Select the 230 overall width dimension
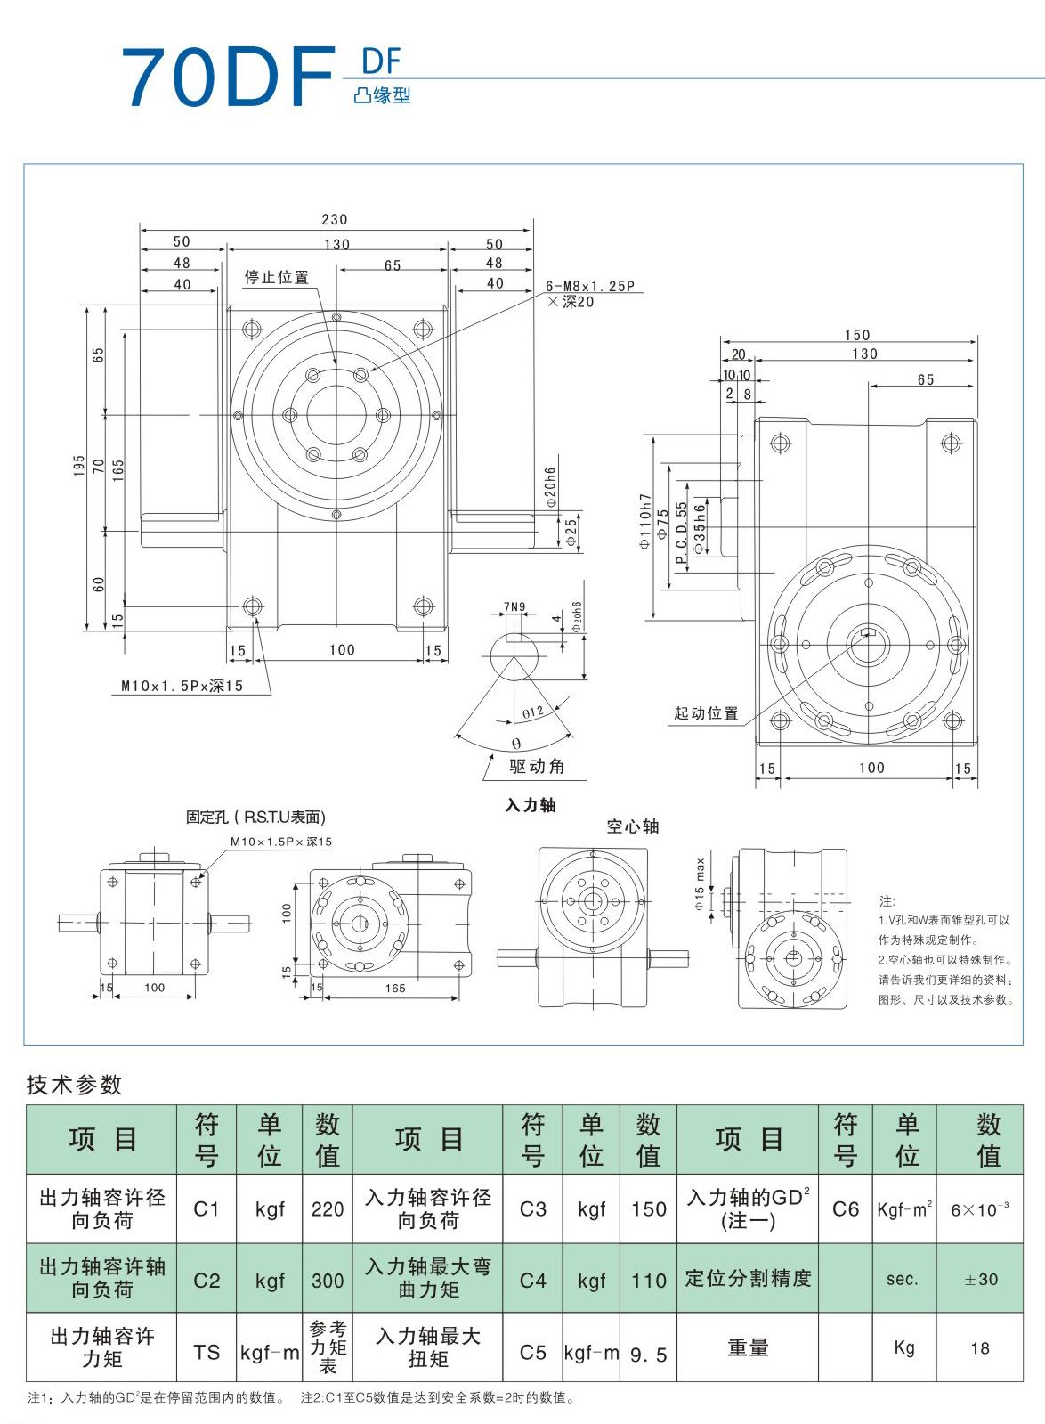pos(335,219)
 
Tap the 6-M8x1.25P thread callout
pos(590,287)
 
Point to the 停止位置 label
pos(277,278)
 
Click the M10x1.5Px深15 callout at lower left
pos(182,686)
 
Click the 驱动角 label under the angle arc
pos(537,767)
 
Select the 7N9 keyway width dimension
pos(514,607)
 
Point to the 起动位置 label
pos(706,713)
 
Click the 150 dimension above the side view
pos(857,335)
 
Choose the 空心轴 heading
pos(633,826)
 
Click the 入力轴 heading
pos(531,805)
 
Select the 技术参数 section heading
pos(74,1085)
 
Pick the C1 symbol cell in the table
pos(207,1208)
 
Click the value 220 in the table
pos(328,1208)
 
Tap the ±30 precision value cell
pos(981,1279)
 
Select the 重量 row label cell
pos(748,1348)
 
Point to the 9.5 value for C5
pos(648,1355)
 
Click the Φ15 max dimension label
pos(700,884)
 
